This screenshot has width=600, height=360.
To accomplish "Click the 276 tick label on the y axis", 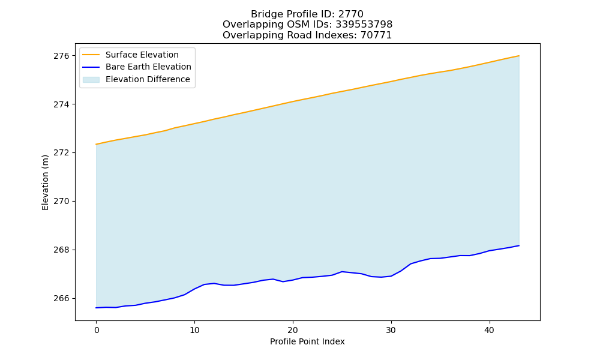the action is (61, 56).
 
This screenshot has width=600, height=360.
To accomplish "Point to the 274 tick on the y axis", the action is (61, 104).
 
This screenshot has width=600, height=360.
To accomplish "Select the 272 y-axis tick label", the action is (61, 152).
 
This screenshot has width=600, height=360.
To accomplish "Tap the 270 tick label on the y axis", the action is (61, 201).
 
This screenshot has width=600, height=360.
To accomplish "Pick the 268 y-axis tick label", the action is (61, 250).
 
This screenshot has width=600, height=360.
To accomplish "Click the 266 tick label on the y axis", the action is (61, 298).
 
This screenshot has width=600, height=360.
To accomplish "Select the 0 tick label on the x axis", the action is (97, 330).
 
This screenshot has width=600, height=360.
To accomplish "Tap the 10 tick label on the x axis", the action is (194, 330).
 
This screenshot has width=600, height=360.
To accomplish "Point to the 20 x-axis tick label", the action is (293, 330).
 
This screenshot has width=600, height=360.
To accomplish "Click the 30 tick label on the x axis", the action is (391, 330).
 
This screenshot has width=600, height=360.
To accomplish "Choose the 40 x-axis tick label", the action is (490, 330).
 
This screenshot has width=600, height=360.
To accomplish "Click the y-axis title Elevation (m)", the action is (45, 182).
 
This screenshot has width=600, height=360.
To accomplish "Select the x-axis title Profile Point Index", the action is (307, 341).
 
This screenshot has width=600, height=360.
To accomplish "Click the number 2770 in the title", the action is (350, 14).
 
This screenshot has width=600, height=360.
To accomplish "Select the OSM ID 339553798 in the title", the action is (364, 25).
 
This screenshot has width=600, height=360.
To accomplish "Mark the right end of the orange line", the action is (519, 56).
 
